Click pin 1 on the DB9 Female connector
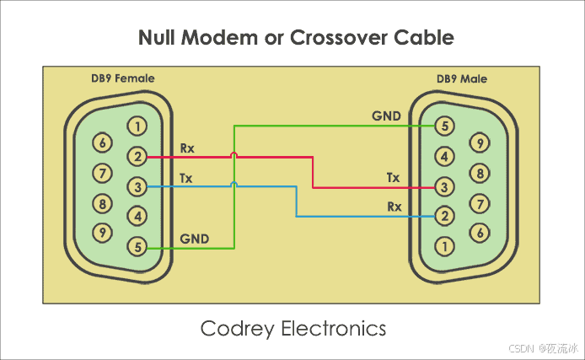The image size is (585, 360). click(x=136, y=126)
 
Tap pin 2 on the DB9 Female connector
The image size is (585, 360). click(x=136, y=156)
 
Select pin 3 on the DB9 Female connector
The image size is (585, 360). click(x=136, y=186)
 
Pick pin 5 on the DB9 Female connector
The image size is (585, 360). click(x=136, y=247)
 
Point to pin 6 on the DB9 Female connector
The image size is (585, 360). click(x=103, y=142)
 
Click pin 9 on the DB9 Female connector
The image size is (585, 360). click(x=103, y=232)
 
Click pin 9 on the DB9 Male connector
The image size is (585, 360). click(x=479, y=142)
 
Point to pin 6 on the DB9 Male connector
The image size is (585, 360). click(x=479, y=232)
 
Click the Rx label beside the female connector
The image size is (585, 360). click(x=187, y=148)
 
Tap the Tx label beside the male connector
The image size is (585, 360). click(x=394, y=177)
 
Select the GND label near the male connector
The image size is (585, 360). click(x=386, y=116)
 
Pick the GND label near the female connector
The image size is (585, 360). click(x=195, y=239)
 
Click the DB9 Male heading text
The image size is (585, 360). click(x=461, y=79)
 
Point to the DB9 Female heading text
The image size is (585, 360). click(x=123, y=78)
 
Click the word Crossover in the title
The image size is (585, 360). click(x=341, y=38)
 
